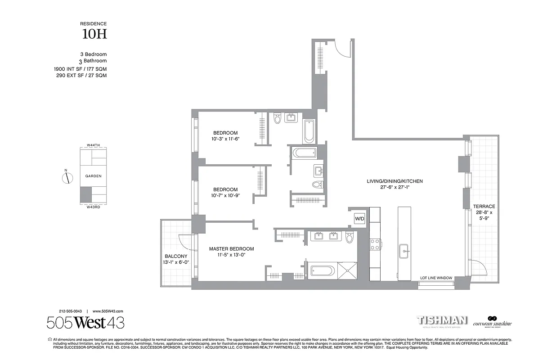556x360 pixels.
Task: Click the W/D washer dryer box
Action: click(359, 219)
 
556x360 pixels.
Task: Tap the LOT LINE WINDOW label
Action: click(436, 278)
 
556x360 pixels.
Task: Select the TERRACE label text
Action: click(484, 207)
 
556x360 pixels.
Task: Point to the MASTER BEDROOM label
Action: click(231, 249)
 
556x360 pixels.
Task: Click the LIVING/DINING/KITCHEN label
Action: click(395, 181)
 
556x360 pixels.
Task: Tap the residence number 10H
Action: click(94, 34)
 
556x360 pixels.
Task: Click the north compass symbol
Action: click(67, 178)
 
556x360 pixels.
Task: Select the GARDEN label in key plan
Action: click(93, 176)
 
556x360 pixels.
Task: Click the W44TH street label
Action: click(93, 145)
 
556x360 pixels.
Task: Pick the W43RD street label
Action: click(93, 207)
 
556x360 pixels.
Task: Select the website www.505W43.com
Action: click(108, 311)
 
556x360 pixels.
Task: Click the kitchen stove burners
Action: click(375, 244)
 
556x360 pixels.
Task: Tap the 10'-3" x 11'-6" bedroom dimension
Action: click(225, 139)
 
